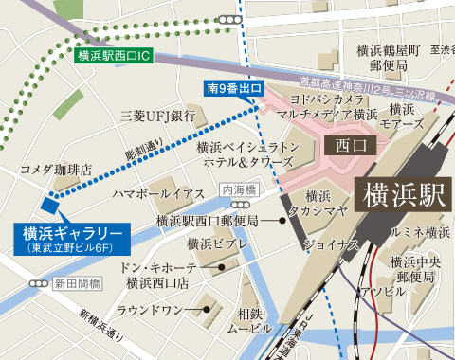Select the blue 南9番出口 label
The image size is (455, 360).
click(233, 90)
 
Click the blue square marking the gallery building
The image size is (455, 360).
click(49, 204)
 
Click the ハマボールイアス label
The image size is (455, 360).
click(158, 193)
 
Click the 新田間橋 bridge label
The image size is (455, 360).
click(77, 283)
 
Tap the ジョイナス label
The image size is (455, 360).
click(331, 244)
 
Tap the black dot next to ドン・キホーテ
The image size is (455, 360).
click(222, 267)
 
